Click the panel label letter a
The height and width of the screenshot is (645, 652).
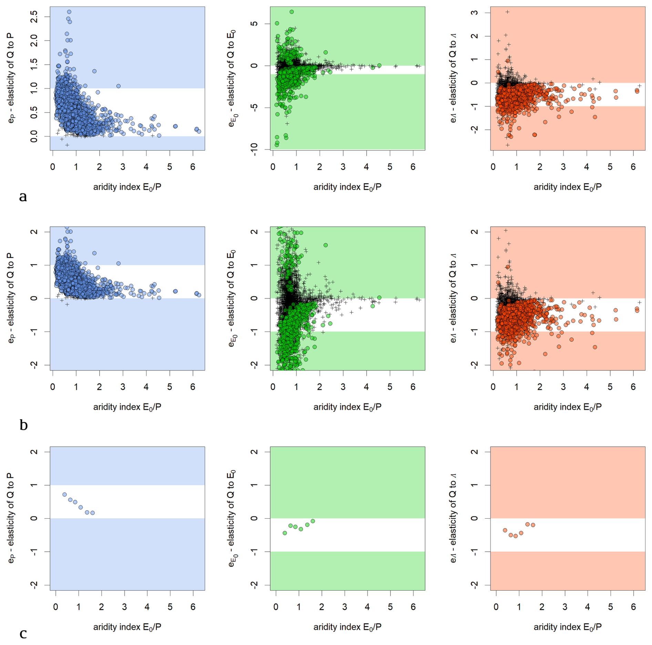coord(23,197)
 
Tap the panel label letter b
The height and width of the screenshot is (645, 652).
coord(23,425)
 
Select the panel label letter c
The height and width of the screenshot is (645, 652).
coord(23,633)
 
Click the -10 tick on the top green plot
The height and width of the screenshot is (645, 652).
coord(254,149)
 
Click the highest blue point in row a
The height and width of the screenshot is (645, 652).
coord(69,12)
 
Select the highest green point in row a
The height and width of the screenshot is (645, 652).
coord(292,12)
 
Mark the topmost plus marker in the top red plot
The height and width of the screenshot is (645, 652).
coord(507,12)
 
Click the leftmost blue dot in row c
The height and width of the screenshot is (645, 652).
coord(64,495)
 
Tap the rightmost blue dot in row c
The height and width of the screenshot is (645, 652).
coord(92,513)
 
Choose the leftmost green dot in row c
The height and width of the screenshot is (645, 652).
coord(285,533)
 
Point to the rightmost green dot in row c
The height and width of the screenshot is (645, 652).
coord(313,521)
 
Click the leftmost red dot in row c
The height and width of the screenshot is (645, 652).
coord(505,530)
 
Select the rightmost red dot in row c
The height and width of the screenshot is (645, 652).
coord(533,525)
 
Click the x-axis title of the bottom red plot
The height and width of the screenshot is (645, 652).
coord(567,627)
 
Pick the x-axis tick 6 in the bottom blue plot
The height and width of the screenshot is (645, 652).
coord(193,607)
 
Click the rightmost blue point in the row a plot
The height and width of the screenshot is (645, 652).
coord(199,131)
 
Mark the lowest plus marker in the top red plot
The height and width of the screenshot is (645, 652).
coord(508,145)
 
